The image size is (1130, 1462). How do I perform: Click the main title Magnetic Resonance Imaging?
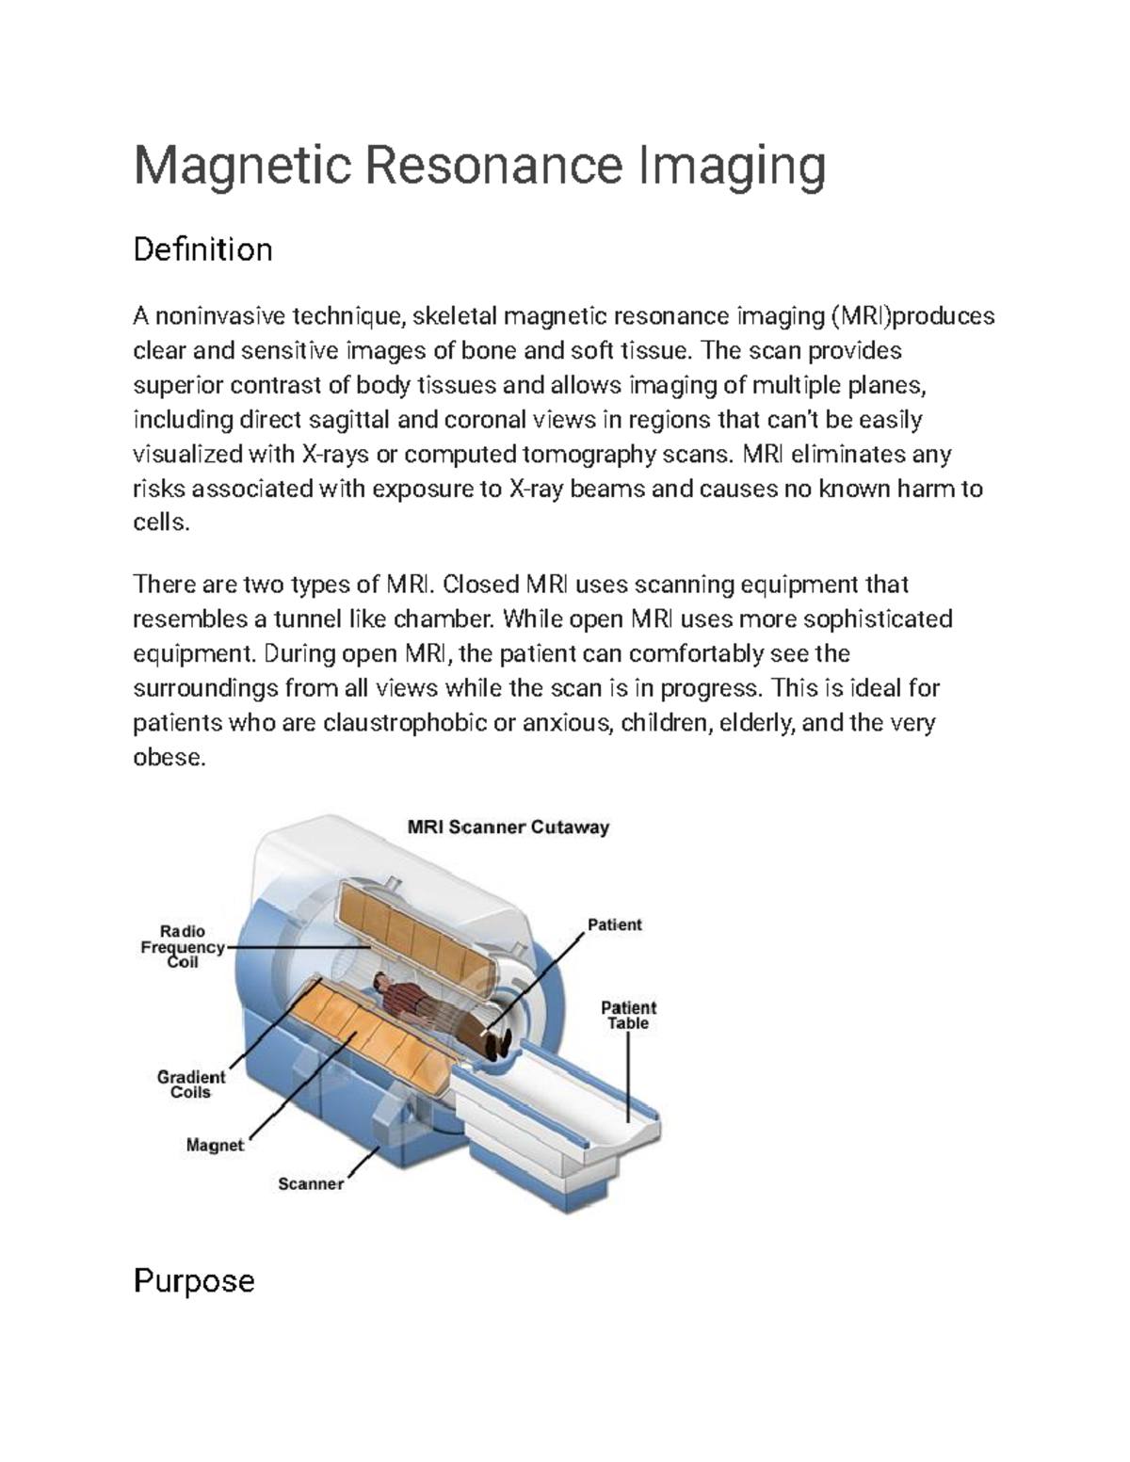pos(479,166)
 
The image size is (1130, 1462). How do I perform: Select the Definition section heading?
pos(202,249)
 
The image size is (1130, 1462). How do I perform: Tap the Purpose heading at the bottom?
pos(194,1280)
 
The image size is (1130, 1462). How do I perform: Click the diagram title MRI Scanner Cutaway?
pos(508,827)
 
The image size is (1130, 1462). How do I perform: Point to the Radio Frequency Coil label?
pos(183,947)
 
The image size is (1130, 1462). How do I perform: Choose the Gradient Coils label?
pos(191,1084)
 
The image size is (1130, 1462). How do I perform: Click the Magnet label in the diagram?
pos(215,1146)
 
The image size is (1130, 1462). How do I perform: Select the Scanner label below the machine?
pos(310,1183)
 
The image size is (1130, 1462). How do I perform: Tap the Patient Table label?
pos(628,1016)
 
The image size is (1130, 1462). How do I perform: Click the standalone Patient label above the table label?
pos(614,924)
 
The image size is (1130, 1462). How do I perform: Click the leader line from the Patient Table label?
pos(628,1073)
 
